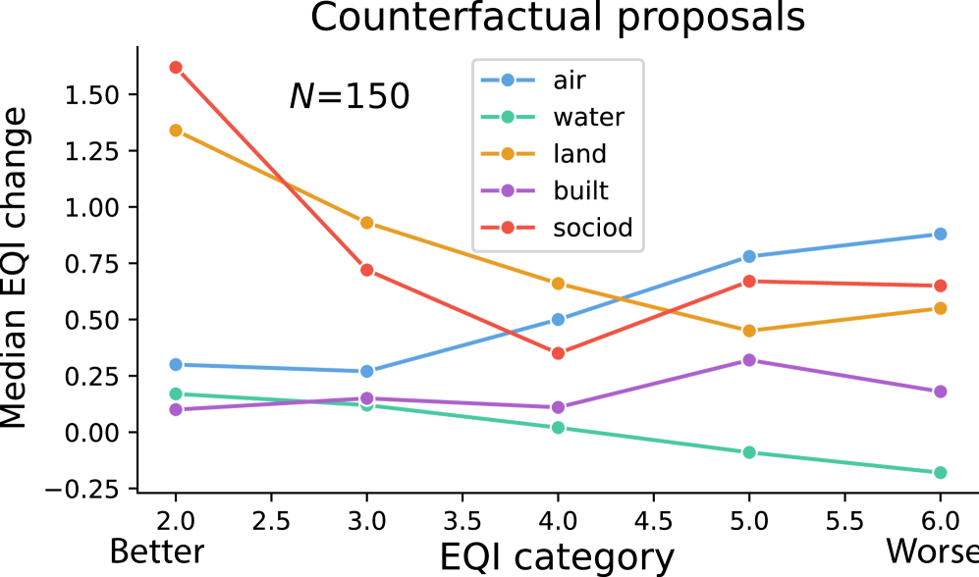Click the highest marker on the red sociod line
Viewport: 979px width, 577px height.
click(176, 68)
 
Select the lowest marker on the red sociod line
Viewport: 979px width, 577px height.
click(558, 352)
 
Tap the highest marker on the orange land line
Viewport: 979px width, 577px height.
click(176, 131)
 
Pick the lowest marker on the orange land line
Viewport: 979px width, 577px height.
click(749, 331)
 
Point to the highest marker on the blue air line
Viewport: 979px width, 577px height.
click(940, 234)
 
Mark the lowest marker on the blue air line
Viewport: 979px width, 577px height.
click(366, 371)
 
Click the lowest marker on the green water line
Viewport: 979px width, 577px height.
click(940, 472)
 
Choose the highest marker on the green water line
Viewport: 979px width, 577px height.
click(176, 393)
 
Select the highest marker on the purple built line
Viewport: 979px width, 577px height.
click(749, 360)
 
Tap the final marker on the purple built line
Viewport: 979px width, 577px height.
click(940, 392)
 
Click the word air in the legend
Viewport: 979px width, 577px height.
click(569, 80)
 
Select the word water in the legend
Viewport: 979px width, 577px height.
click(588, 118)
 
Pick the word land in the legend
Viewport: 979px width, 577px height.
click(579, 154)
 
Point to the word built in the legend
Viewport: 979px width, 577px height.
click(580, 190)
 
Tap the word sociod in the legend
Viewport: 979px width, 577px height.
click(592, 228)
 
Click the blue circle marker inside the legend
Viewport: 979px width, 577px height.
click(508, 80)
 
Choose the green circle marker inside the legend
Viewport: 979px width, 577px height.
click(508, 118)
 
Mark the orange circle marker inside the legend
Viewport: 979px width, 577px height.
click(508, 154)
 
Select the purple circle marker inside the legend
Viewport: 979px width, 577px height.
click(508, 190)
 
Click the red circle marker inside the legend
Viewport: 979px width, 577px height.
click(508, 228)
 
